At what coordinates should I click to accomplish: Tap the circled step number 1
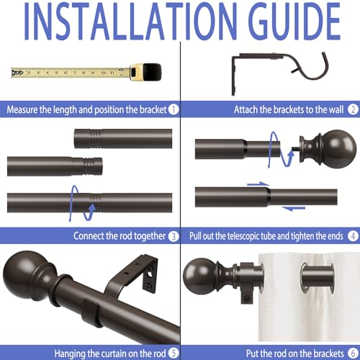pyautogui.click(x=173, y=110)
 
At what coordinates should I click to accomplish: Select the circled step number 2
pyautogui.click(x=353, y=110)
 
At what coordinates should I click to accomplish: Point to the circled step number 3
pyautogui.click(x=173, y=235)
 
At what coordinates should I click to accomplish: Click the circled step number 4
pyautogui.click(x=353, y=235)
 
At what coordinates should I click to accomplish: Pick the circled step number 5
pyautogui.click(x=173, y=352)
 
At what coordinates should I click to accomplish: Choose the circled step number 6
pyautogui.click(x=353, y=352)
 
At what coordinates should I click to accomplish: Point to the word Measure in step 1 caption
pyautogui.click(x=24, y=110)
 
